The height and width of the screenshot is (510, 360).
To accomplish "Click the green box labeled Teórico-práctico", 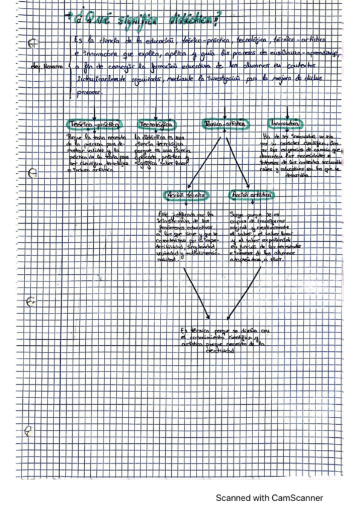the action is click(x=96, y=124).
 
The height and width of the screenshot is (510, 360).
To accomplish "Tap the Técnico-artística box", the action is click(x=225, y=123).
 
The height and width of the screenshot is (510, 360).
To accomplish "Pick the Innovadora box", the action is click(x=285, y=123).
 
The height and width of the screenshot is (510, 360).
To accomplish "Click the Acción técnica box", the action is click(x=186, y=196).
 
